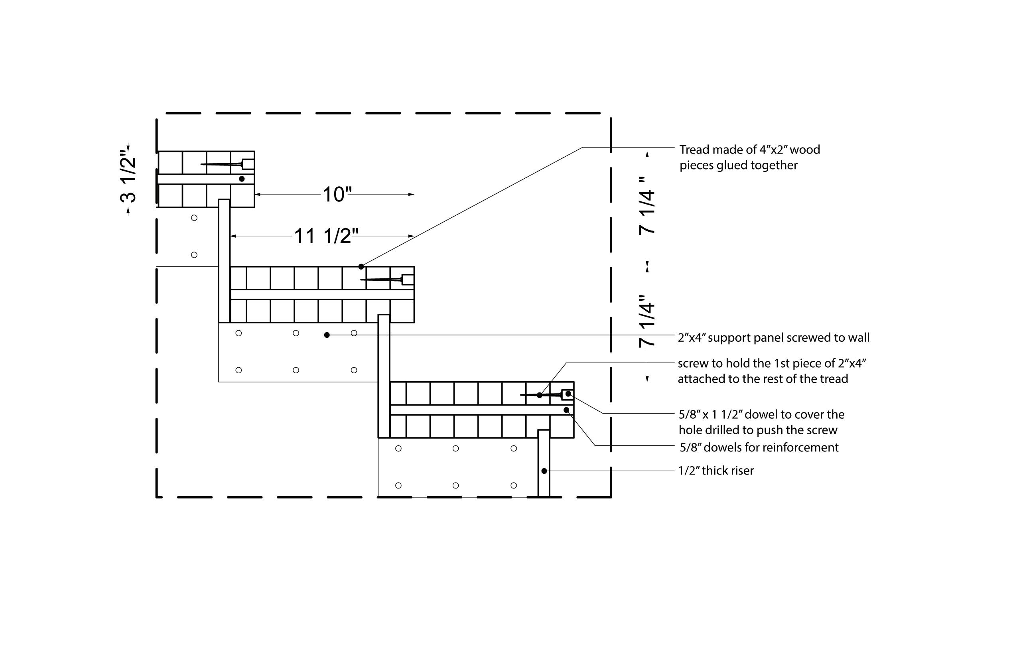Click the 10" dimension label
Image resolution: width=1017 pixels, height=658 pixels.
click(x=337, y=195)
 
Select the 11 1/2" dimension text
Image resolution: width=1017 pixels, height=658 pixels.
click(x=325, y=236)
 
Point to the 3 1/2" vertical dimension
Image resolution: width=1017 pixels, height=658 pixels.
click(x=128, y=179)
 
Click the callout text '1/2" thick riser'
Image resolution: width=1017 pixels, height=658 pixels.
click(x=716, y=471)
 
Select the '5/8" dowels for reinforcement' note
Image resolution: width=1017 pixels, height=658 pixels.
click(x=759, y=447)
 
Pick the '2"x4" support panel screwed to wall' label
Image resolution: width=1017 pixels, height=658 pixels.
click(x=773, y=337)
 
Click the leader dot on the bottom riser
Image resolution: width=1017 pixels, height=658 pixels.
click(x=544, y=471)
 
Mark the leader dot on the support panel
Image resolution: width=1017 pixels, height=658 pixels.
click(x=327, y=335)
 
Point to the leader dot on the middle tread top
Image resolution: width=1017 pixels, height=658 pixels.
click(x=361, y=267)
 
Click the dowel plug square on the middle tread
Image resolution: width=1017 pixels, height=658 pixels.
click(x=408, y=280)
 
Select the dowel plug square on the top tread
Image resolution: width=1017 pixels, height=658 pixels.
click(x=248, y=164)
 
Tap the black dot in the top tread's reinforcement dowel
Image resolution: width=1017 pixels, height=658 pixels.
click(x=242, y=179)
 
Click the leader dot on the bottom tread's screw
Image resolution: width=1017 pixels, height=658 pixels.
click(x=539, y=395)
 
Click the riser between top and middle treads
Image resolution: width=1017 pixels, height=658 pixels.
click(x=224, y=261)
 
